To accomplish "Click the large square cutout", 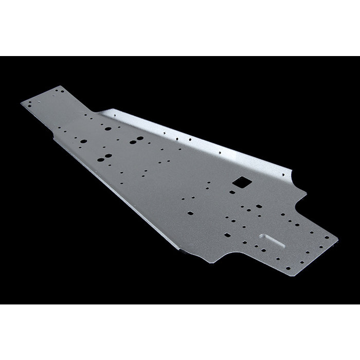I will coord(240,183).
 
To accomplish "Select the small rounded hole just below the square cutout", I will coord(232,192).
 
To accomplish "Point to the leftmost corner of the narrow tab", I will coord(22,104).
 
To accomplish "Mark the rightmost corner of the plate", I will coord(338,239).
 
